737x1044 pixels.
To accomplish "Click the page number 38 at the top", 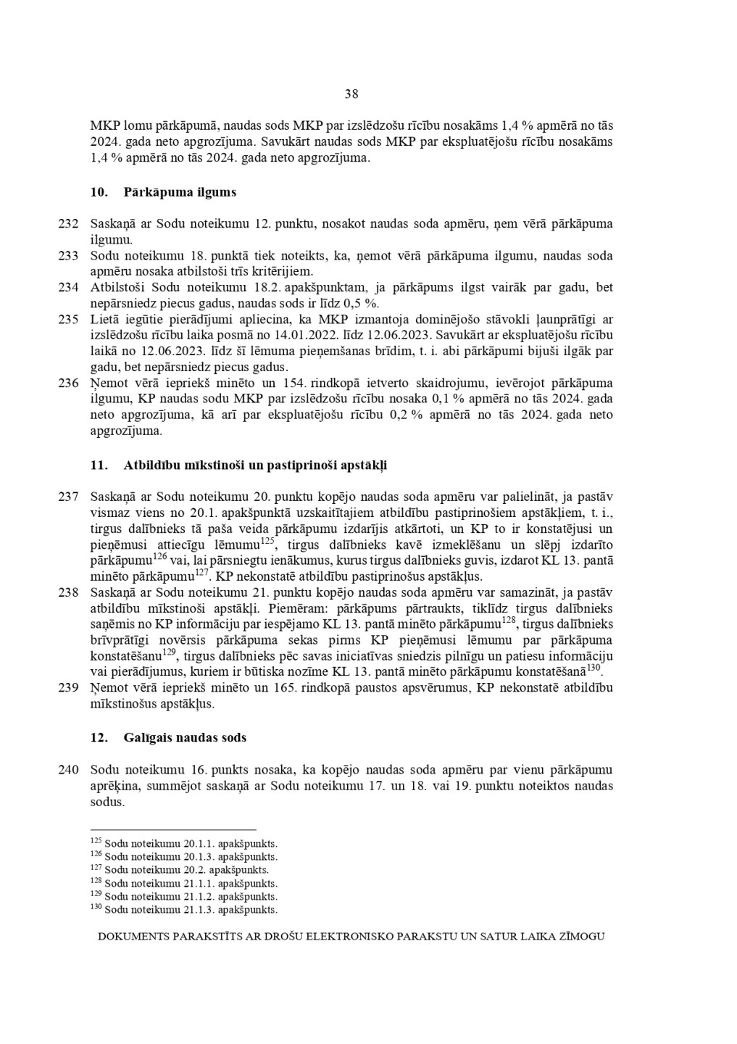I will tap(351, 94).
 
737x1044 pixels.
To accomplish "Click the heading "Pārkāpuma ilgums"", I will tap(180, 192).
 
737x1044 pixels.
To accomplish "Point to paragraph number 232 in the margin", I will tap(68, 223).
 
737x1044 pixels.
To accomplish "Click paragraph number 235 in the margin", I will tap(68, 319).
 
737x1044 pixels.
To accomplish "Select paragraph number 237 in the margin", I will tap(68, 496).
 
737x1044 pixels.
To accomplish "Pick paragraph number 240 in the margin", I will tap(68, 769).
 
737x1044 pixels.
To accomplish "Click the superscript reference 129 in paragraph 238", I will tap(170, 652).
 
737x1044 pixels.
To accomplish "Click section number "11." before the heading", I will tap(99, 465).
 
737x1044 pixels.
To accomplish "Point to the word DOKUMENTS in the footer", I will tap(133, 936).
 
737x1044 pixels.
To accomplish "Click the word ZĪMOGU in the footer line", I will tap(583, 936).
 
